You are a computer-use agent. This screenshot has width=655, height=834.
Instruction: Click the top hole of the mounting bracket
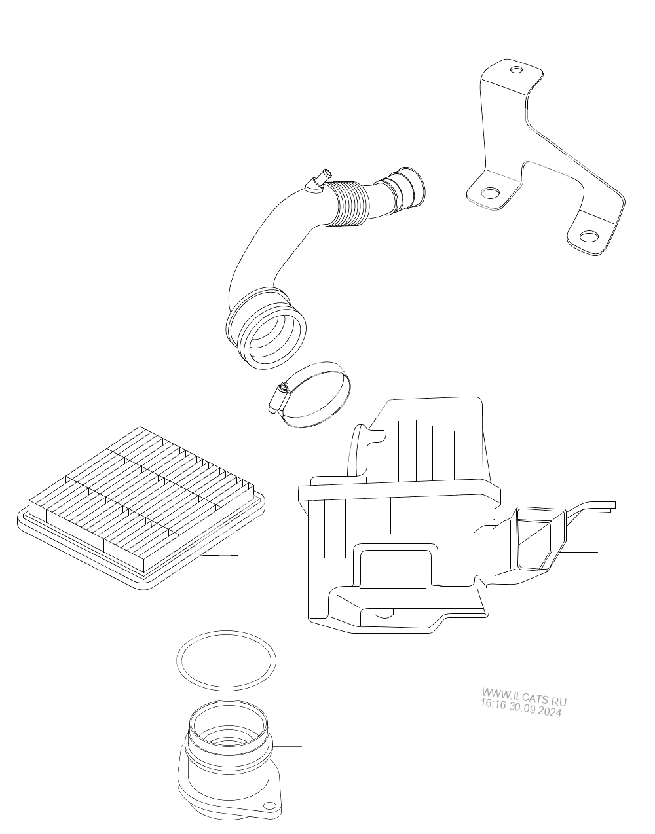[x=516, y=70]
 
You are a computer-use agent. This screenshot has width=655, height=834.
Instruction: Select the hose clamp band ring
[x=315, y=395]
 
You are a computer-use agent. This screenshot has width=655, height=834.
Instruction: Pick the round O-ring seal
[x=226, y=661]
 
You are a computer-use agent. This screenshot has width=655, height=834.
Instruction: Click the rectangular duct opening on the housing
[x=536, y=539]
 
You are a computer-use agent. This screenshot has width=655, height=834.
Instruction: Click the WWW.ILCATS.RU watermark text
[x=525, y=697]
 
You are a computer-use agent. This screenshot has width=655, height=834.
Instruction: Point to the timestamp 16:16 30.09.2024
[x=521, y=708]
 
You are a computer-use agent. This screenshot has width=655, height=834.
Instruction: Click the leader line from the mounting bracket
[x=546, y=103]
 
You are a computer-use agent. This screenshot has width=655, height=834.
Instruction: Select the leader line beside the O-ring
[x=290, y=661]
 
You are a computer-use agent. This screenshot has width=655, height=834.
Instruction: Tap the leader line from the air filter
[x=220, y=555]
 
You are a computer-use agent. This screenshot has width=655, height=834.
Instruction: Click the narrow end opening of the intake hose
[x=413, y=186]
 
